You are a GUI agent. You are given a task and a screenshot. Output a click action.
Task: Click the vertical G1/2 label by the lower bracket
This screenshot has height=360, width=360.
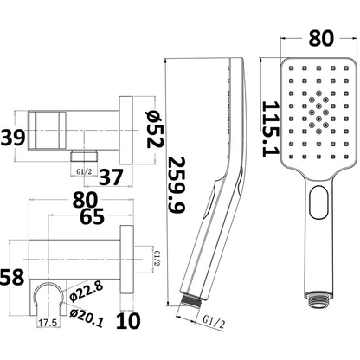(x=156, y=259)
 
